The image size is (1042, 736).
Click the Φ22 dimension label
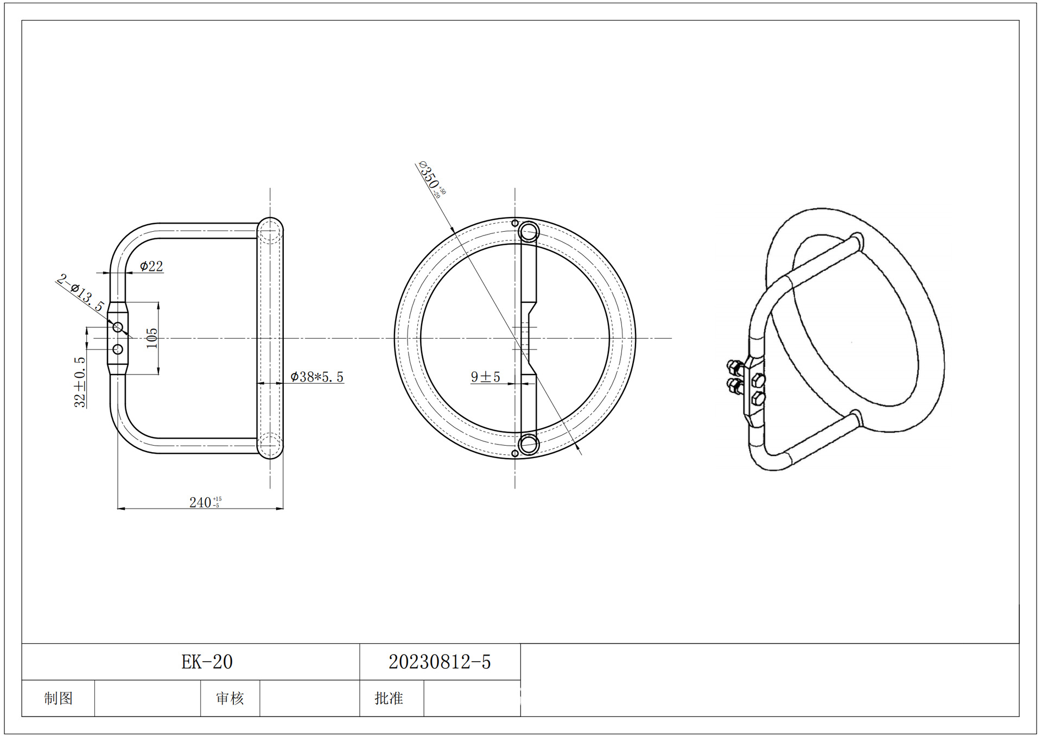click(151, 266)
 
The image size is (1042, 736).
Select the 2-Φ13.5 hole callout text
click(80, 293)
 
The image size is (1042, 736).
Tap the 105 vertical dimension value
click(153, 338)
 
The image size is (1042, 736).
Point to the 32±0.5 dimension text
click(80, 382)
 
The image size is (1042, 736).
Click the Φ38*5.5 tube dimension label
click(317, 377)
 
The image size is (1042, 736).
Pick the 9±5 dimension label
click(485, 377)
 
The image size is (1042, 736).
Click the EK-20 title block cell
click(207, 662)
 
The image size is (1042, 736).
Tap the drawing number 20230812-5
click(440, 662)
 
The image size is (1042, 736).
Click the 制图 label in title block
click(58, 698)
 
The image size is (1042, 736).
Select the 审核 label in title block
click(230, 698)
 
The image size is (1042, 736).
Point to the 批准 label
click(389, 698)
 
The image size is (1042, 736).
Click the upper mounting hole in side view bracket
click(118, 327)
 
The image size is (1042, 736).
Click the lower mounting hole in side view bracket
click(118, 349)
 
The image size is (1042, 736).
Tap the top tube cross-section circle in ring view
click(528, 233)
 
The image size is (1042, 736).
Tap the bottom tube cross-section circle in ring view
click(528, 444)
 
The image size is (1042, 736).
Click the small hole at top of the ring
click(515, 223)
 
